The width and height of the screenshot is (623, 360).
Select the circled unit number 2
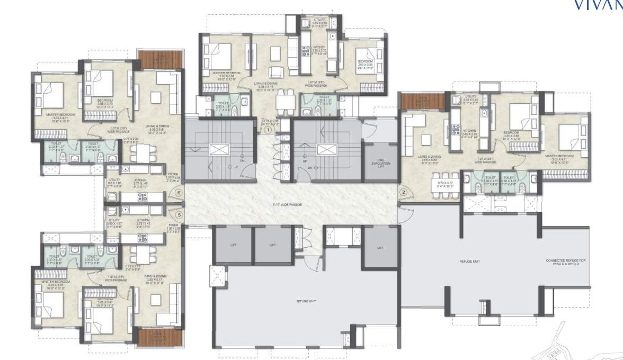click(x=404, y=193)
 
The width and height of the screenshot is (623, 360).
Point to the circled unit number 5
click(x=180, y=215)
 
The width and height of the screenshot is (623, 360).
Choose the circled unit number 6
click(x=180, y=193)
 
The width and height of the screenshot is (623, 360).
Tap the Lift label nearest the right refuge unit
click(x=380, y=248)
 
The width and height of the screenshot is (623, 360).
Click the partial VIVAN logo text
click(x=599, y=5)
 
